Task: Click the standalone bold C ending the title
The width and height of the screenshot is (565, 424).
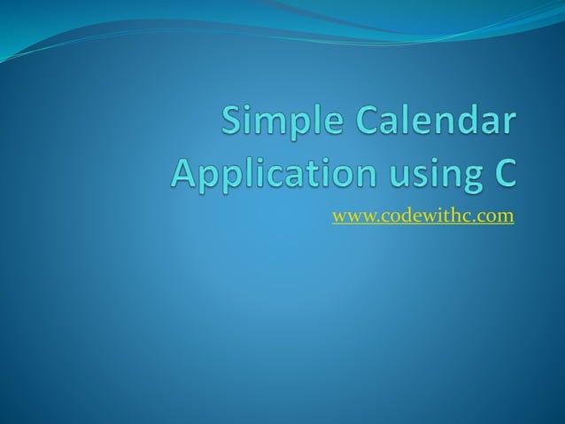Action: pyautogui.click(x=501, y=170)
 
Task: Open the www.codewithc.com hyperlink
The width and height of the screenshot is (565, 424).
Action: pyautogui.click(x=422, y=216)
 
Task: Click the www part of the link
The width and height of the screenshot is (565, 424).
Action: pyautogui.click(x=349, y=216)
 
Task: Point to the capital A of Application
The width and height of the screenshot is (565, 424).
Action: pyautogui.click(x=184, y=170)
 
